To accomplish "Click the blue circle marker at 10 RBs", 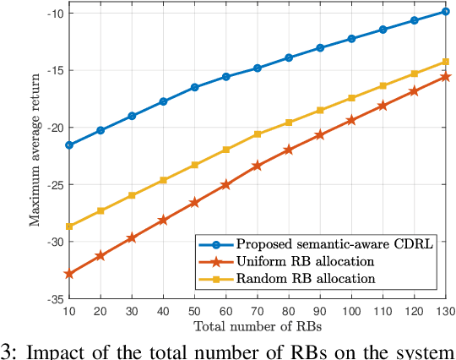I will (69, 145).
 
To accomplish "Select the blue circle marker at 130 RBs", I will (446, 12).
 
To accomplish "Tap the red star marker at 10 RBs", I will (69, 274).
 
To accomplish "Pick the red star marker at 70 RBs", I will (258, 166).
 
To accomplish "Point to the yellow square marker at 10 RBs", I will (69, 226).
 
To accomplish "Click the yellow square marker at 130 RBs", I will (446, 62).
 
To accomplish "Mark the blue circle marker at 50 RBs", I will (195, 87).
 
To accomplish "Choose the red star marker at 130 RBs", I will (446, 77).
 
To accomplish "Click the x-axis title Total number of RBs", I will (258, 325).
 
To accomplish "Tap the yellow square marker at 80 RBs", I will (289, 123).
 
